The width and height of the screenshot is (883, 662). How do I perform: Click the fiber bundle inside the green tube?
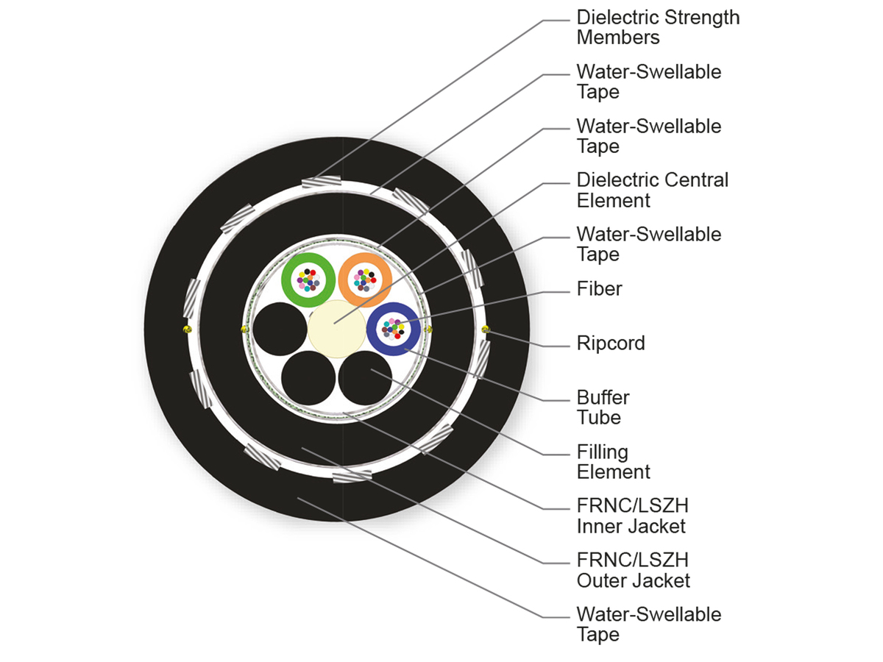[308, 280]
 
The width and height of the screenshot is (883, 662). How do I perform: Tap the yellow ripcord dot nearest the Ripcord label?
[484, 329]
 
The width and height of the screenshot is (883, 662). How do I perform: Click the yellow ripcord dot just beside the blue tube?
[429, 329]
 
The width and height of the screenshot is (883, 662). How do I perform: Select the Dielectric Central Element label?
[652, 190]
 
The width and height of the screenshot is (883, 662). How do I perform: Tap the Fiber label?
[599, 289]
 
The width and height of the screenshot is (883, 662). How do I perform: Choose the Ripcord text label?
[610, 344]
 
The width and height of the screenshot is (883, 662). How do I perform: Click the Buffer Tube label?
[603, 407]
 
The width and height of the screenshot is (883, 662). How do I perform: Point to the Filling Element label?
[613, 462]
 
